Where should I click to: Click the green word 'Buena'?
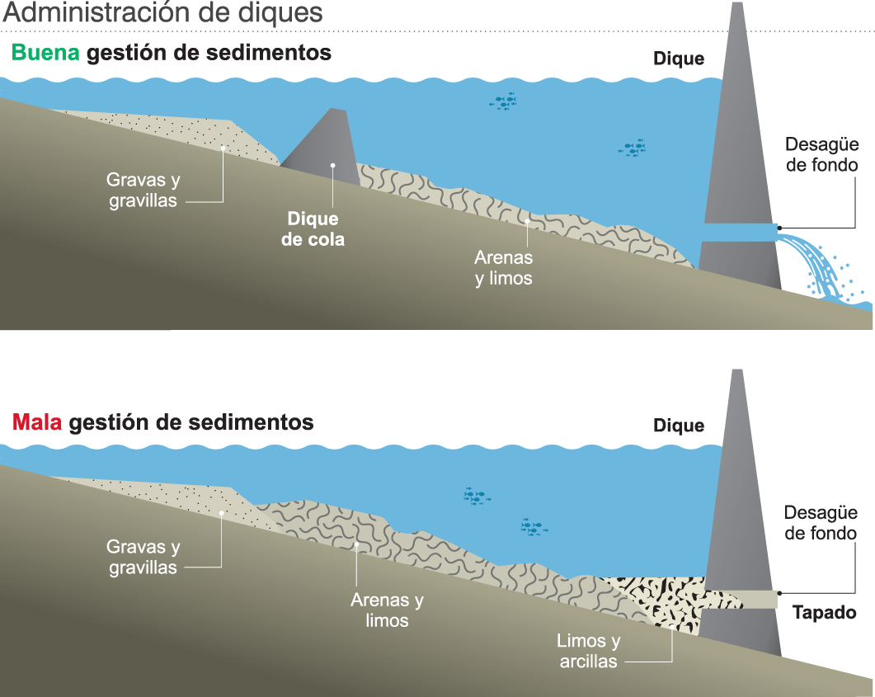pos(45,54)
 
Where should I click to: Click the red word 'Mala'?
pos(38,422)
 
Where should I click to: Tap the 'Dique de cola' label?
pos(313,229)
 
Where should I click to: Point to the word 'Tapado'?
pos(824,613)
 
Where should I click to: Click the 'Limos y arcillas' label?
pos(588,651)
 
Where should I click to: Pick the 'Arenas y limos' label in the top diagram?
pos(503,268)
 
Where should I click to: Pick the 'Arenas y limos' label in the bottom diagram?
pos(387,610)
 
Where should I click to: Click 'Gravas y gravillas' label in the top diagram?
pos(143,190)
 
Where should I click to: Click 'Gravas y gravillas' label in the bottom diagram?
pos(143,557)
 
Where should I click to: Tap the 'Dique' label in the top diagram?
pos(679,59)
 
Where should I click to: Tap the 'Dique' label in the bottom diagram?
pos(679,426)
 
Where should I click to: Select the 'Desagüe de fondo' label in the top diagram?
pos(821,154)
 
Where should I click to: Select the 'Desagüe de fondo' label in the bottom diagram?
pos(821,522)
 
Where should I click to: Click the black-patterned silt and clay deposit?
pos(660,598)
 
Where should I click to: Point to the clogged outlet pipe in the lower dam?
pos(742,600)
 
